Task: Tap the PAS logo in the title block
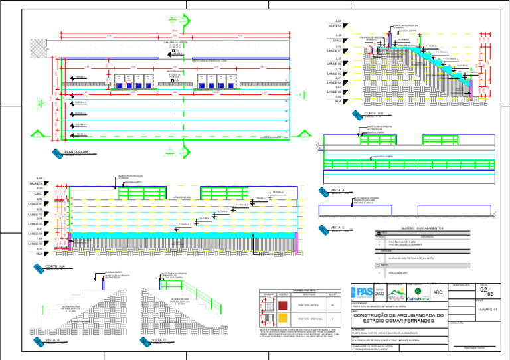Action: click(x=365, y=291)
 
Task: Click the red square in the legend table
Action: click(x=283, y=305)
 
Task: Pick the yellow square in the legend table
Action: click(x=283, y=319)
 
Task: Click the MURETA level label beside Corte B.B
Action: click(x=334, y=25)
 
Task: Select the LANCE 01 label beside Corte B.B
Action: click(x=335, y=51)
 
